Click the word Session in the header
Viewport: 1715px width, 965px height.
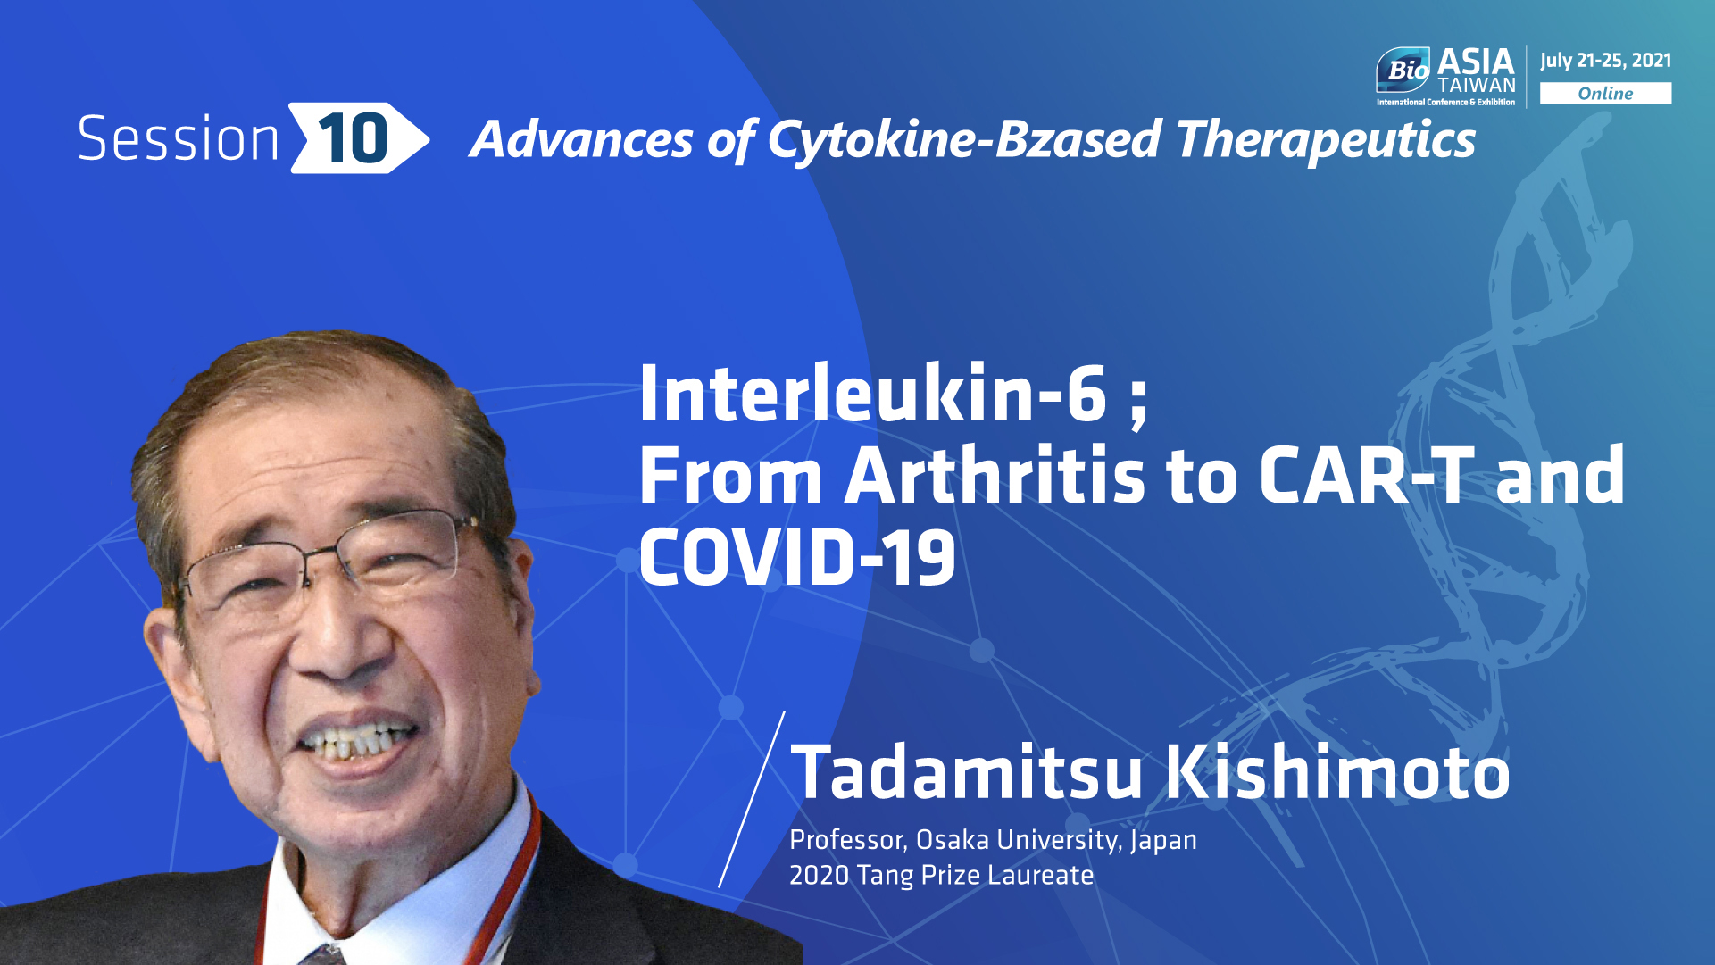[179, 138]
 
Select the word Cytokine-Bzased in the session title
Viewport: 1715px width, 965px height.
[964, 141]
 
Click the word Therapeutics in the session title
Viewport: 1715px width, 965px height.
[1326, 141]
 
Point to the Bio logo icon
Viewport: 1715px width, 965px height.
[1403, 70]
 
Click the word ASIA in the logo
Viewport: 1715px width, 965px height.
[1476, 62]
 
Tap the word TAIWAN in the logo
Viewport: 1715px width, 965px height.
[1477, 86]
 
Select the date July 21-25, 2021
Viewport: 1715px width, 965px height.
[1605, 61]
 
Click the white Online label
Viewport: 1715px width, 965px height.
[1605, 93]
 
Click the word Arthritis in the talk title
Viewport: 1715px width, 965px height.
[995, 475]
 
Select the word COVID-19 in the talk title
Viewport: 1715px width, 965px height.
[797, 557]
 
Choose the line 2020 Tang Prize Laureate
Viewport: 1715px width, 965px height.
[941, 875]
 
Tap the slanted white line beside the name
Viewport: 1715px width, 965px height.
[752, 799]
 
